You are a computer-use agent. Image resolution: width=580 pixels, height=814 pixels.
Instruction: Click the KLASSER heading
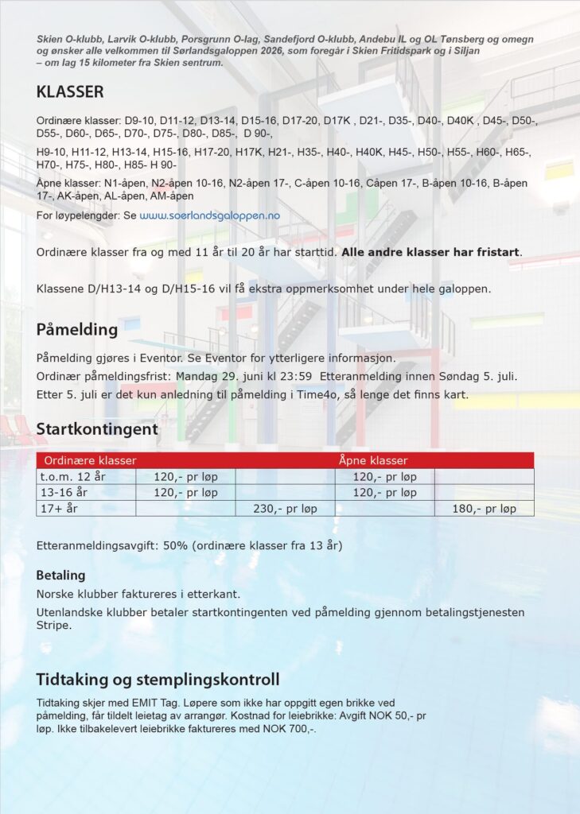[x=70, y=92]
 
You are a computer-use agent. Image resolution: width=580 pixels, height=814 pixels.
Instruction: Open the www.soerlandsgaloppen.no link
[x=210, y=215]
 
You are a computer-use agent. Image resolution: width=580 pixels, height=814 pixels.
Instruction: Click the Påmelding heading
[x=76, y=329]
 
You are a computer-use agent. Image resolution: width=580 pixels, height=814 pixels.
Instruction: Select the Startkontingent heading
[x=97, y=429]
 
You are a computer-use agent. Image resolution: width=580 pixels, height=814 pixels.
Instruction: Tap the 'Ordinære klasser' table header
[x=90, y=460]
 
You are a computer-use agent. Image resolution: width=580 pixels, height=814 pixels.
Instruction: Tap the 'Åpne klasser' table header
[x=373, y=460]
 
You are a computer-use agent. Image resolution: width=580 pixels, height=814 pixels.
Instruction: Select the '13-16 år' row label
[x=64, y=493]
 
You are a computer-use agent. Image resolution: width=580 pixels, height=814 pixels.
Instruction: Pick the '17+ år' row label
[x=60, y=508]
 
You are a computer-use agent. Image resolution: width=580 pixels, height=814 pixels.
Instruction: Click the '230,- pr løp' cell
[x=285, y=508]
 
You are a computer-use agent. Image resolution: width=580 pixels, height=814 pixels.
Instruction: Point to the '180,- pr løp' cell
[x=484, y=508]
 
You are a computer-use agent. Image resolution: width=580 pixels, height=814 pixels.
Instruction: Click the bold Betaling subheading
[x=60, y=575]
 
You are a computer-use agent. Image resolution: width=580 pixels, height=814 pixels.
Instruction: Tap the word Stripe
[x=54, y=625]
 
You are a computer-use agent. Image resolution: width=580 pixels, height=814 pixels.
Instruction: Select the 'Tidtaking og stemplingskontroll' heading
[x=158, y=680]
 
